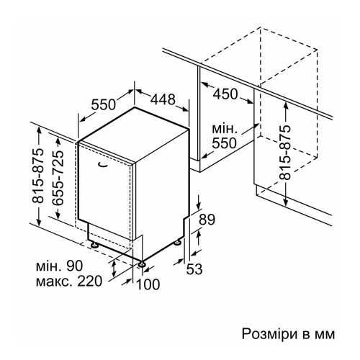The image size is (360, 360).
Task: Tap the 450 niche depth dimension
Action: (225, 94)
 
